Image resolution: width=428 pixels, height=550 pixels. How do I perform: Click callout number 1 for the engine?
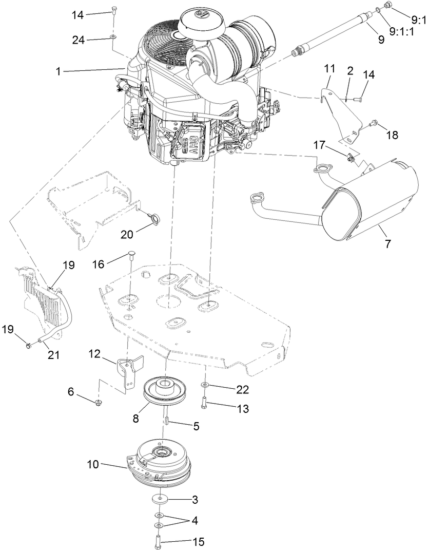coord(59,71)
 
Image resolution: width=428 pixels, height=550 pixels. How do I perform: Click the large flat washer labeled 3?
coord(162,500)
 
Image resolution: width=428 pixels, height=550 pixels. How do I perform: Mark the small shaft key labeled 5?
coord(167,421)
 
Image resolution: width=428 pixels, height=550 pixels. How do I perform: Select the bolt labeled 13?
coord(205,403)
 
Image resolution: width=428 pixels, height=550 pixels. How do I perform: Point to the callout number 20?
coord(127,234)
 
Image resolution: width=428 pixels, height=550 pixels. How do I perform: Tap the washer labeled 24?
coord(112,37)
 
